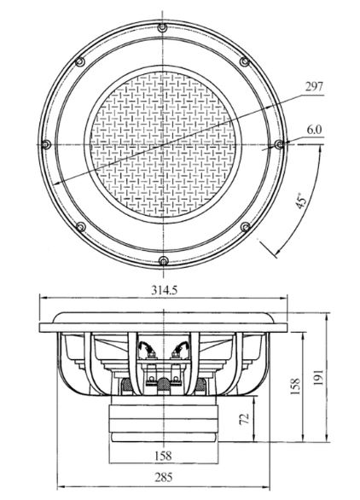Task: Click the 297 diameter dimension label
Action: click(x=314, y=87)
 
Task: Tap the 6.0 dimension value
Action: click(x=315, y=130)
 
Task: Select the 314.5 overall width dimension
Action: click(x=164, y=290)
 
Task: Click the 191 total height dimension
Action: click(x=318, y=377)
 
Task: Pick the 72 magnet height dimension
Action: click(x=244, y=419)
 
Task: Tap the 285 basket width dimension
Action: click(x=164, y=477)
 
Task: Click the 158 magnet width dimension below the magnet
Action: click(x=163, y=456)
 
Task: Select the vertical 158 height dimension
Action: click(x=295, y=387)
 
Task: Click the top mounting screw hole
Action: click(x=162, y=28)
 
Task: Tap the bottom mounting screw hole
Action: click(x=163, y=261)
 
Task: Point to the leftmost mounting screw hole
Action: click(x=46, y=144)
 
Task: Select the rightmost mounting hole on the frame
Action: click(x=279, y=144)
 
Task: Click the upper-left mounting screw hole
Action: click(x=80, y=61)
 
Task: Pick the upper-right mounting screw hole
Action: click(x=245, y=61)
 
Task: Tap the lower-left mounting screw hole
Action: click(x=81, y=227)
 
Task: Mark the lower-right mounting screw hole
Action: click(x=245, y=227)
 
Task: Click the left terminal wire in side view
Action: click(x=146, y=348)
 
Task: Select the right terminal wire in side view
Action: click(x=181, y=348)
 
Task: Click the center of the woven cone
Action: click(x=163, y=144)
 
